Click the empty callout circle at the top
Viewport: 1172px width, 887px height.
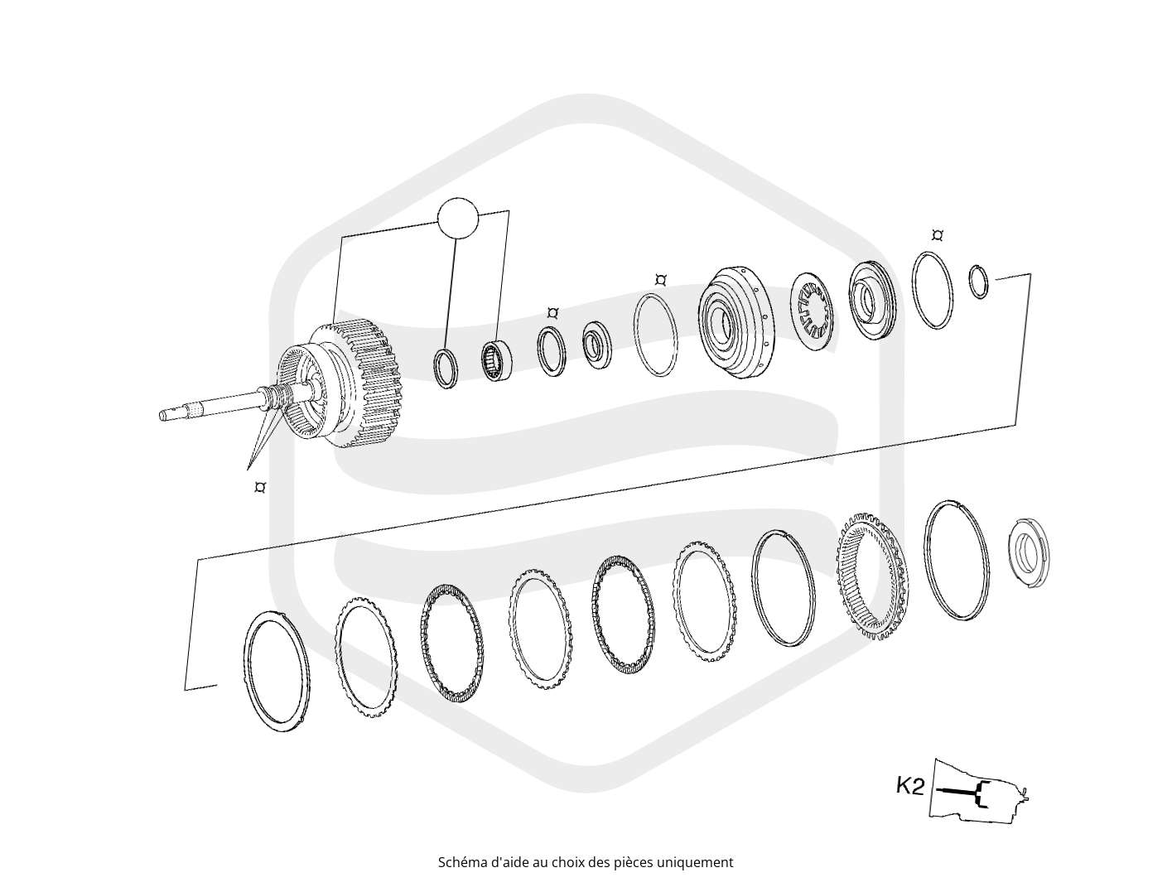(x=457, y=219)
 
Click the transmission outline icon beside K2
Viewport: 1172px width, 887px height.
(x=978, y=792)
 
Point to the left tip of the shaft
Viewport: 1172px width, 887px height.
(x=161, y=415)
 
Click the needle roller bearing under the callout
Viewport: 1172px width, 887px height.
(x=497, y=361)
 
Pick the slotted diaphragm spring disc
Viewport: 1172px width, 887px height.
(x=812, y=311)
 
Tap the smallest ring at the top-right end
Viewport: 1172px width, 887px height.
(x=977, y=282)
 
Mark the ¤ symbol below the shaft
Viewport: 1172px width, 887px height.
(x=260, y=487)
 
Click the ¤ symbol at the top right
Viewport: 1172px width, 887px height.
(x=937, y=235)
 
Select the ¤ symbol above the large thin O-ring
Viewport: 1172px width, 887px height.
(x=660, y=280)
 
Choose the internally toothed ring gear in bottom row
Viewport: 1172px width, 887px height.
(x=872, y=576)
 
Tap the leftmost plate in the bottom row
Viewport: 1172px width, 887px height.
(x=276, y=671)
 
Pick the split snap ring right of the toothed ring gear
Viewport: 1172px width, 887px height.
(x=956, y=560)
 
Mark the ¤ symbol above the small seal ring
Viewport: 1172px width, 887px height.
(x=552, y=312)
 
